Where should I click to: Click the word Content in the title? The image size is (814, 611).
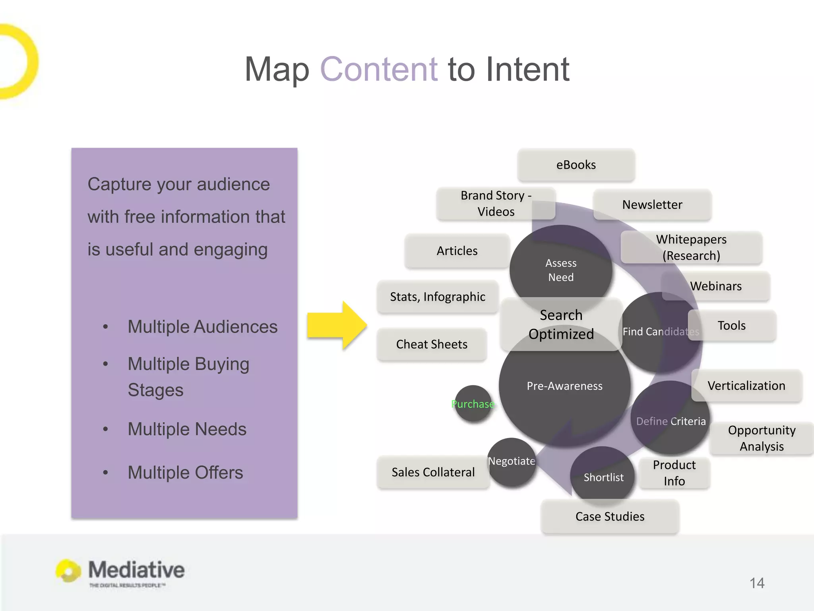coord(379,69)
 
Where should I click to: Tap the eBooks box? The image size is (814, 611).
coord(576,165)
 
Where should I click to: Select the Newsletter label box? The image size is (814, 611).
coord(652,204)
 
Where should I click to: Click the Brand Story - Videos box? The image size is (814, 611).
coord(495,203)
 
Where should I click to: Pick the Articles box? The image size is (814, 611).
coord(457,251)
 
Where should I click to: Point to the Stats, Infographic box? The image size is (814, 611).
coord(437,297)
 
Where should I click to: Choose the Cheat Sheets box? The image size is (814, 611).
coord(432,344)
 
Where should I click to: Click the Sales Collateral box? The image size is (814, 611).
coord(433,472)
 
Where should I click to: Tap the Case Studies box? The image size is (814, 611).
coord(610,516)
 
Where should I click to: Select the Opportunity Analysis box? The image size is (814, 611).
coord(762,438)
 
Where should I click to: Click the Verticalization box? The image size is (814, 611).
coord(746,385)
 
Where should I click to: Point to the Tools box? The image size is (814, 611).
coord(732,325)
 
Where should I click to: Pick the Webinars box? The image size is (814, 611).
coord(716,286)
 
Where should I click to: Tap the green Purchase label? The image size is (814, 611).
coord(473,404)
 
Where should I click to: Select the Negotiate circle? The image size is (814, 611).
coord(512,461)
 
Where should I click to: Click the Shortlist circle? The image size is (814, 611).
coord(603,477)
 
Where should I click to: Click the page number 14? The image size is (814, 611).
coord(757,583)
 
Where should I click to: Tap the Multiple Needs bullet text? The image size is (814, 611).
coord(187,429)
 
